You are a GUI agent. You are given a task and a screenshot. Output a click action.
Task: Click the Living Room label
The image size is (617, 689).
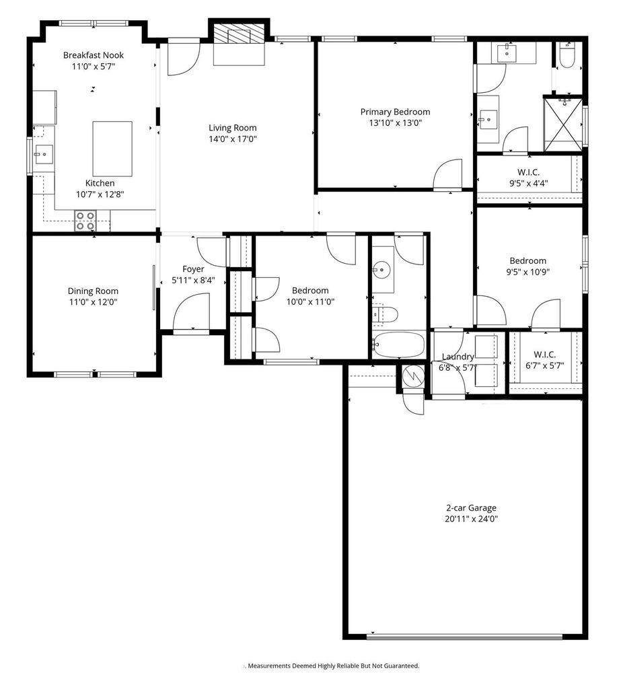tap(233, 128)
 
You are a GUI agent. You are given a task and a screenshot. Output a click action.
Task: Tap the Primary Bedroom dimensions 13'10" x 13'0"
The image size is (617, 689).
tap(396, 123)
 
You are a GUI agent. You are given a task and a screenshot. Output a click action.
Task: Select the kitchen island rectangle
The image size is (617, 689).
tap(112, 149)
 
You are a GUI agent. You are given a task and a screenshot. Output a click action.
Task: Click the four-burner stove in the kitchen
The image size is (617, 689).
tap(85, 221)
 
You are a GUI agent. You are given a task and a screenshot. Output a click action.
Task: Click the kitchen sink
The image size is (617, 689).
tap(44, 154)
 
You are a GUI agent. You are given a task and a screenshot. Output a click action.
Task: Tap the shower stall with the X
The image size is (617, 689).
tap(563, 124)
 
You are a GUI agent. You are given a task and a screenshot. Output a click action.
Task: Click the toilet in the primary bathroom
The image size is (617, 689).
tap(569, 55)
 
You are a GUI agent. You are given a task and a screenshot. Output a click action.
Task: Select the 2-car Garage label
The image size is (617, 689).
tap(471, 508)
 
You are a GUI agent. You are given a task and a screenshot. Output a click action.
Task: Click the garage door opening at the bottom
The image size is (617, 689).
tap(464, 636)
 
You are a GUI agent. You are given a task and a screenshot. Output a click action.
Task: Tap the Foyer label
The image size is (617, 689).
tap(193, 269)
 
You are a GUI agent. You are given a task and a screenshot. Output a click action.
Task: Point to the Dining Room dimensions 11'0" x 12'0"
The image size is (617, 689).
tap(93, 302)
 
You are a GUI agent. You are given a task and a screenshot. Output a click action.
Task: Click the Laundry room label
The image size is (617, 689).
tap(458, 357)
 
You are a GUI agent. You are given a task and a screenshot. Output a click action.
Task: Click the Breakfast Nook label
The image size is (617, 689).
tap(94, 55)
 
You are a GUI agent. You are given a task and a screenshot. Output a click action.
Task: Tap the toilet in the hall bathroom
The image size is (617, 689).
tap(385, 315)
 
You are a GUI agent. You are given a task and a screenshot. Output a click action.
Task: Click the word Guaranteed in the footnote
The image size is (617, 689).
tap(401, 665)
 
